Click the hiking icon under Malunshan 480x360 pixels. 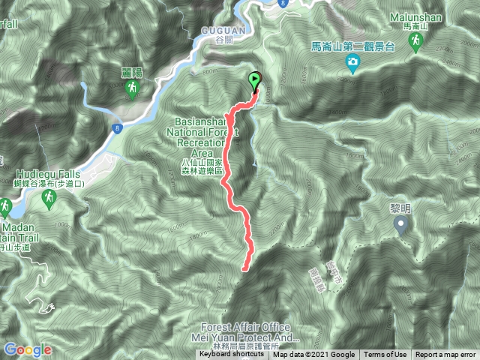click(x=415, y=44)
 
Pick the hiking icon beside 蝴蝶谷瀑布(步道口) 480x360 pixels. click(x=49, y=198)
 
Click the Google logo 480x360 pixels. click(x=28, y=349)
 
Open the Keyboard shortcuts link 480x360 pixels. click(x=232, y=355)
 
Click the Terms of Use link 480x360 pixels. click(x=385, y=355)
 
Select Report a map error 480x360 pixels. click(x=445, y=355)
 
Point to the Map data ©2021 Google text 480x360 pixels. click(x=313, y=355)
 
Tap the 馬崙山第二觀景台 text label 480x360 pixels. click(x=352, y=46)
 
